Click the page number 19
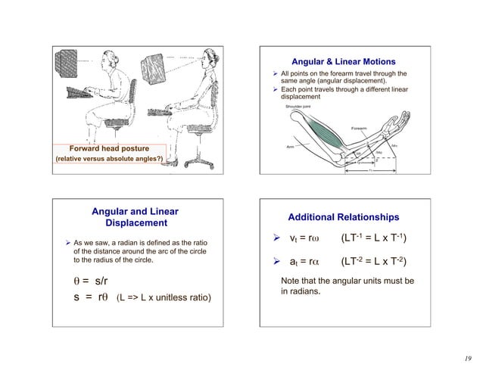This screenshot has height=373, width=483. tap(469, 359)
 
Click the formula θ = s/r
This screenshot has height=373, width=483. tap(90, 282)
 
